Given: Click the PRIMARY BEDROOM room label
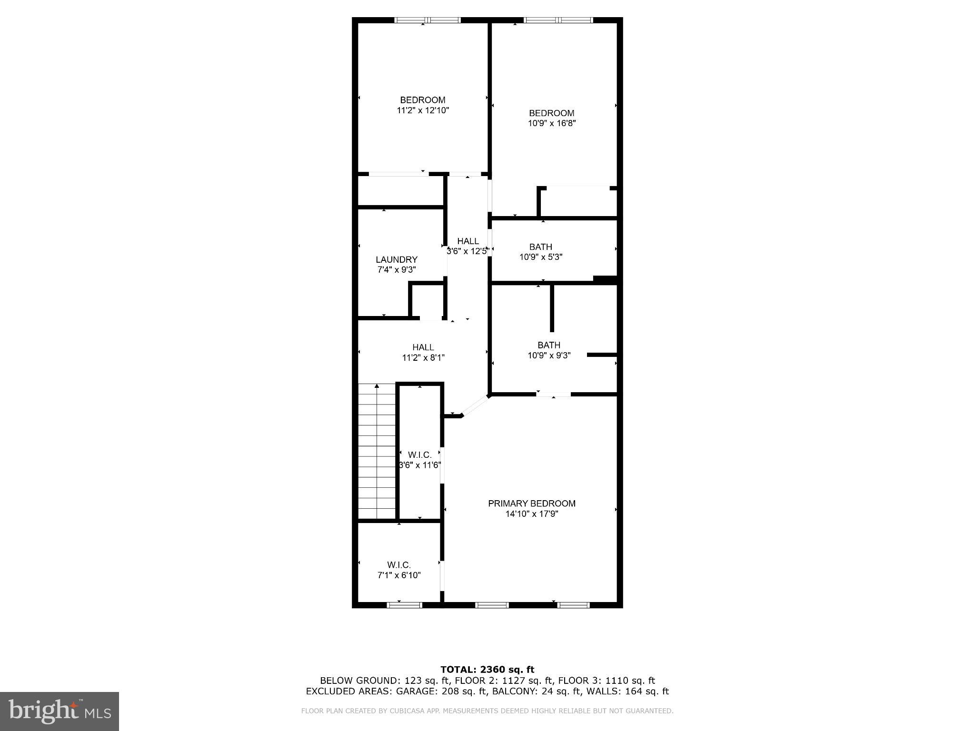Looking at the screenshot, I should pyautogui.click(x=531, y=504).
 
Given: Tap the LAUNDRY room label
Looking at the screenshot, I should pyautogui.click(x=396, y=259).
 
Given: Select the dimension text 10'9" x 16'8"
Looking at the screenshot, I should pyautogui.click(x=552, y=123).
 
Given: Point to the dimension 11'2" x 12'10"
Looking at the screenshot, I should pyautogui.click(x=423, y=110).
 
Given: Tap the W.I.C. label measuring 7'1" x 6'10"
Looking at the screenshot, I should pyautogui.click(x=399, y=565).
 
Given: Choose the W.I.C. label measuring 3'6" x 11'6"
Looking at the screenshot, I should pyautogui.click(x=419, y=455).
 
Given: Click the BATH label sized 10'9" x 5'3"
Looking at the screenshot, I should pyautogui.click(x=540, y=247).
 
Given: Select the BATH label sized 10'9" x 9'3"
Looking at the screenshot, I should pyautogui.click(x=548, y=345).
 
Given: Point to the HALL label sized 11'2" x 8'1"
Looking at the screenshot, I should pyautogui.click(x=423, y=347).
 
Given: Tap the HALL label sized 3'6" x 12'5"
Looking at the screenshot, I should pyautogui.click(x=468, y=241).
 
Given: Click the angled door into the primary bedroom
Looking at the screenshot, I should pyautogui.click(x=475, y=406).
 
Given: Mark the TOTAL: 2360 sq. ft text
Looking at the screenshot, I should pyautogui.click(x=487, y=670).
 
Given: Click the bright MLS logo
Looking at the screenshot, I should pyautogui.click(x=60, y=711).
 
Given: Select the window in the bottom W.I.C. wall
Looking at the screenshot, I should pyautogui.click(x=404, y=605).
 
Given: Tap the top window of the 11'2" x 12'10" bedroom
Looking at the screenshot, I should pyautogui.click(x=428, y=20).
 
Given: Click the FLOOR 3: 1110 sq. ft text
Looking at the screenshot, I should pyautogui.click(x=606, y=681).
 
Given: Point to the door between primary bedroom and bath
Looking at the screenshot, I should pyautogui.click(x=553, y=394).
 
